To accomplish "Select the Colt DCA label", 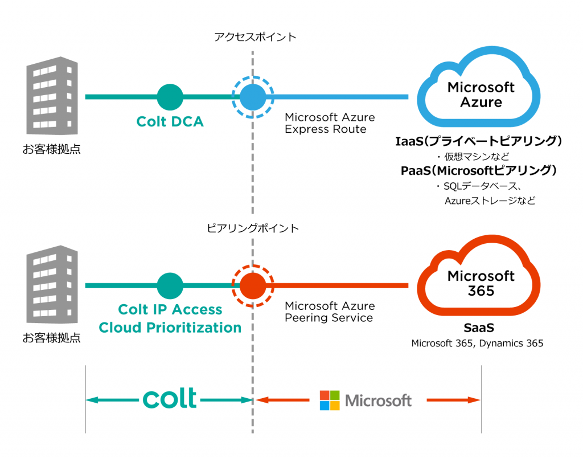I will click(170, 121).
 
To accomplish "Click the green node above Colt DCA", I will click(170, 97).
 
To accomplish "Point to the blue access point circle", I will click(253, 97).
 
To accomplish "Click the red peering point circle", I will click(253, 285).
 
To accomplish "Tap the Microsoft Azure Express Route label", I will click(330, 123).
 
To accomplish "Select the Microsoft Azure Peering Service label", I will click(330, 312).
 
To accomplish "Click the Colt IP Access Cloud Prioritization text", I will click(170, 318).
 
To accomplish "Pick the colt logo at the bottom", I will click(170, 399).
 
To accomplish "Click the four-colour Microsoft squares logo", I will click(330, 400).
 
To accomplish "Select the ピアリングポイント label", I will click(253, 228).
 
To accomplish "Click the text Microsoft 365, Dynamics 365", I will click(477, 343).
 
